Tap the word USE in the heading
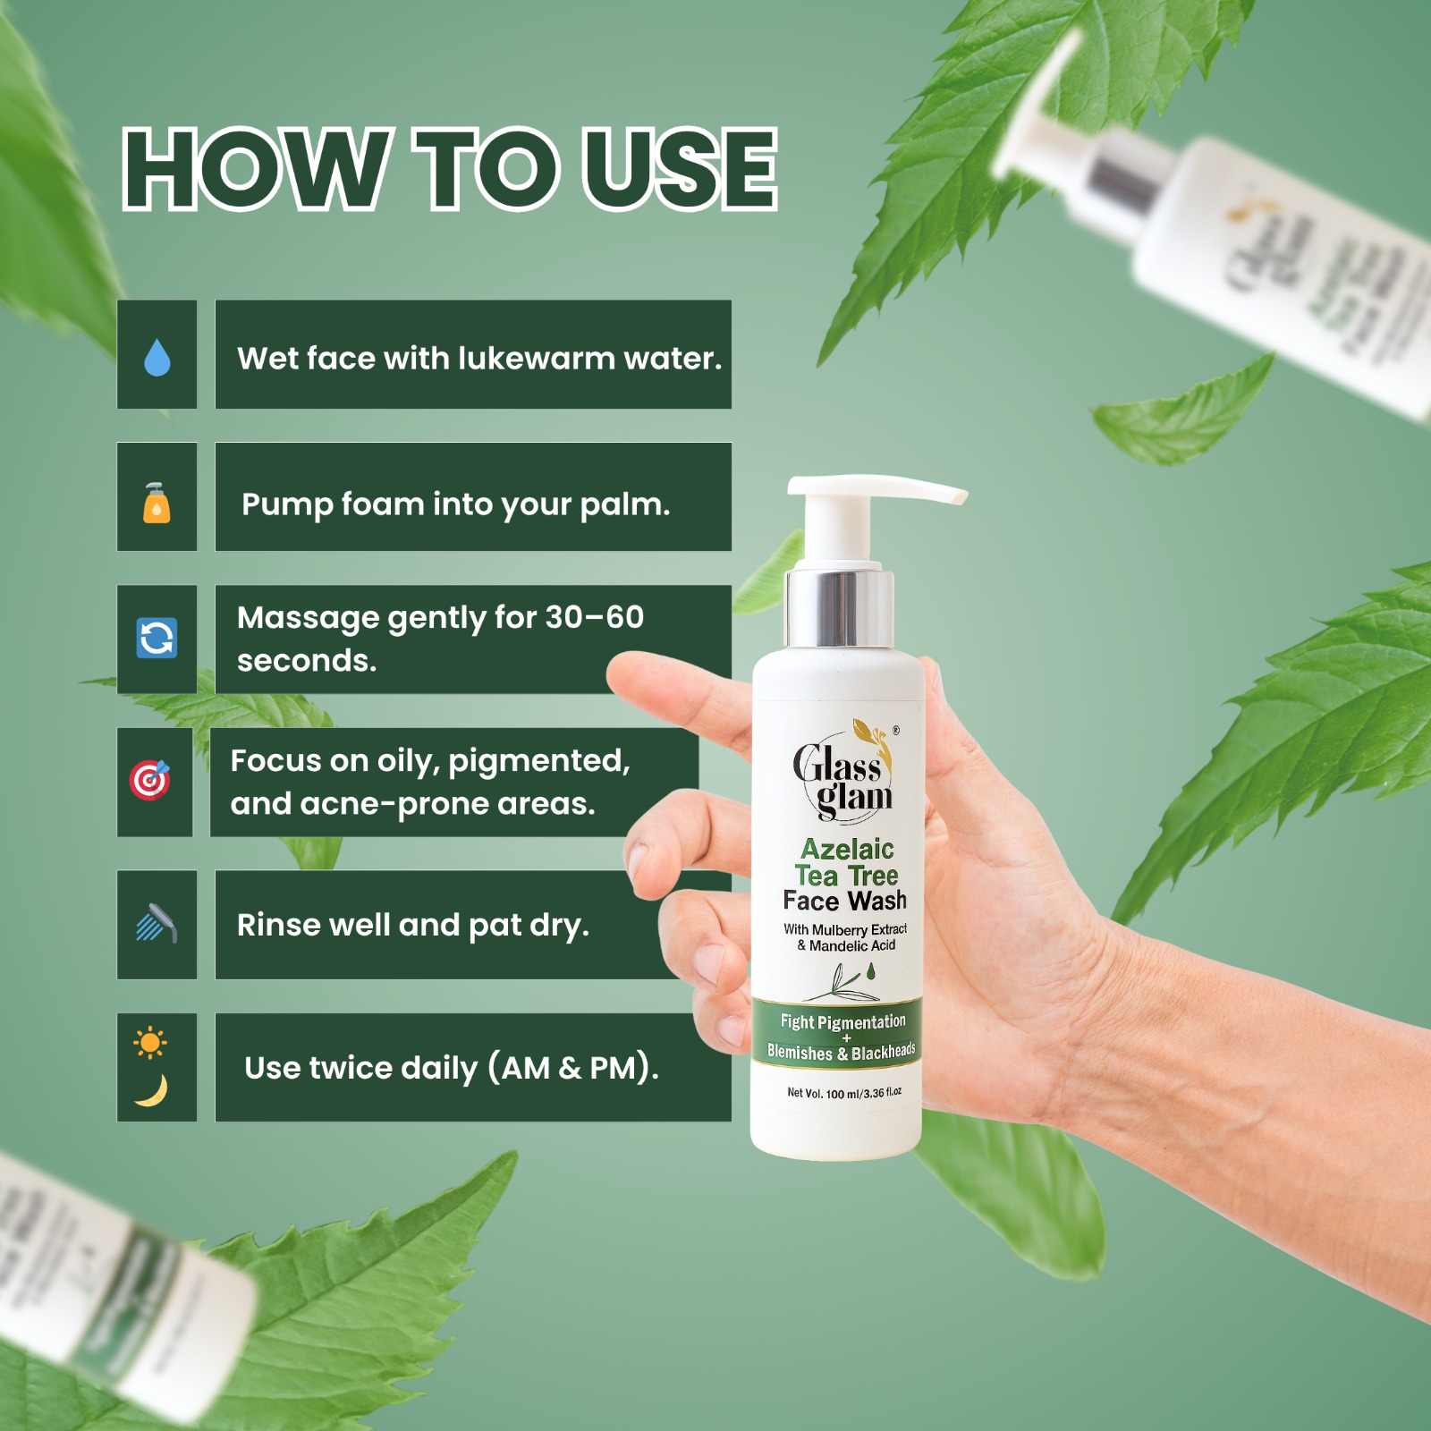681,169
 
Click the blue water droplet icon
157,357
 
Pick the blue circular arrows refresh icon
157,639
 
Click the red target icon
149,780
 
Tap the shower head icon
157,923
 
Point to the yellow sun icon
149,1042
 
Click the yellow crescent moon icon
152,1090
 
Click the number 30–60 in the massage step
594,617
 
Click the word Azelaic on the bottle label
847,849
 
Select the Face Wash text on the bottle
845,901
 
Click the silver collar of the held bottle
840,608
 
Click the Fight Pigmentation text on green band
843,1021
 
